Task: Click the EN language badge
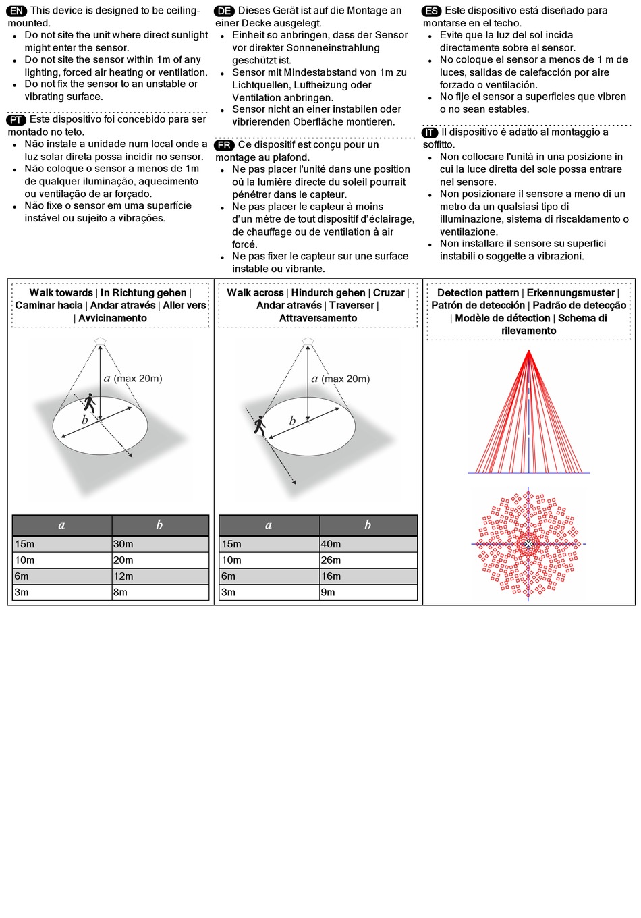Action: pyautogui.click(x=17, y=11)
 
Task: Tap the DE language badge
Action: pyautogui.click(x=224, y=11)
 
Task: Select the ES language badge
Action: pyautogui.click(x=431, y=11)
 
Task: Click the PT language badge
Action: pyautogui.click(x=17, y=119)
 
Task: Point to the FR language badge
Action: pyautogui.click(x=224, y=145)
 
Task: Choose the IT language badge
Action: pyautogui.click(x=430, y=132)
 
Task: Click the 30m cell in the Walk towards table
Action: pyautogui.click(x=160, y=544)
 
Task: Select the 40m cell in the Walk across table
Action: pyautogui.click(x=368, y=544)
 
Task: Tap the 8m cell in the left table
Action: pyautogui.click(x=160, y=592)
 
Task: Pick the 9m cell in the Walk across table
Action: pyautogui.click(x=368, y=592)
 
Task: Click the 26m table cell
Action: pyautogui.click(x=368, y=560)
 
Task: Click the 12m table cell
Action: pyautogui.click(x=160, y=576)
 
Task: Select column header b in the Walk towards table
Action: pyautogui.click(x=160, y=525)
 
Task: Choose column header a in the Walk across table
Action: pyautogui.click(x=269, y=525)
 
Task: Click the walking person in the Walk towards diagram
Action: pyautogui.click(x=89, y=403)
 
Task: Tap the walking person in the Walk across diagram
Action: pyautogui.click(x=260, y=425)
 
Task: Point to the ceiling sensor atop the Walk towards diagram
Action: pyautogui.click(x=101, y=340)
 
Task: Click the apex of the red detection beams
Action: pyautogui.click(x=529, y=352)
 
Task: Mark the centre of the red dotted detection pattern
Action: pyautogui.click(x=528, y=544)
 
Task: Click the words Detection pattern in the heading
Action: pyautogui.click(x=478, y=293)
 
